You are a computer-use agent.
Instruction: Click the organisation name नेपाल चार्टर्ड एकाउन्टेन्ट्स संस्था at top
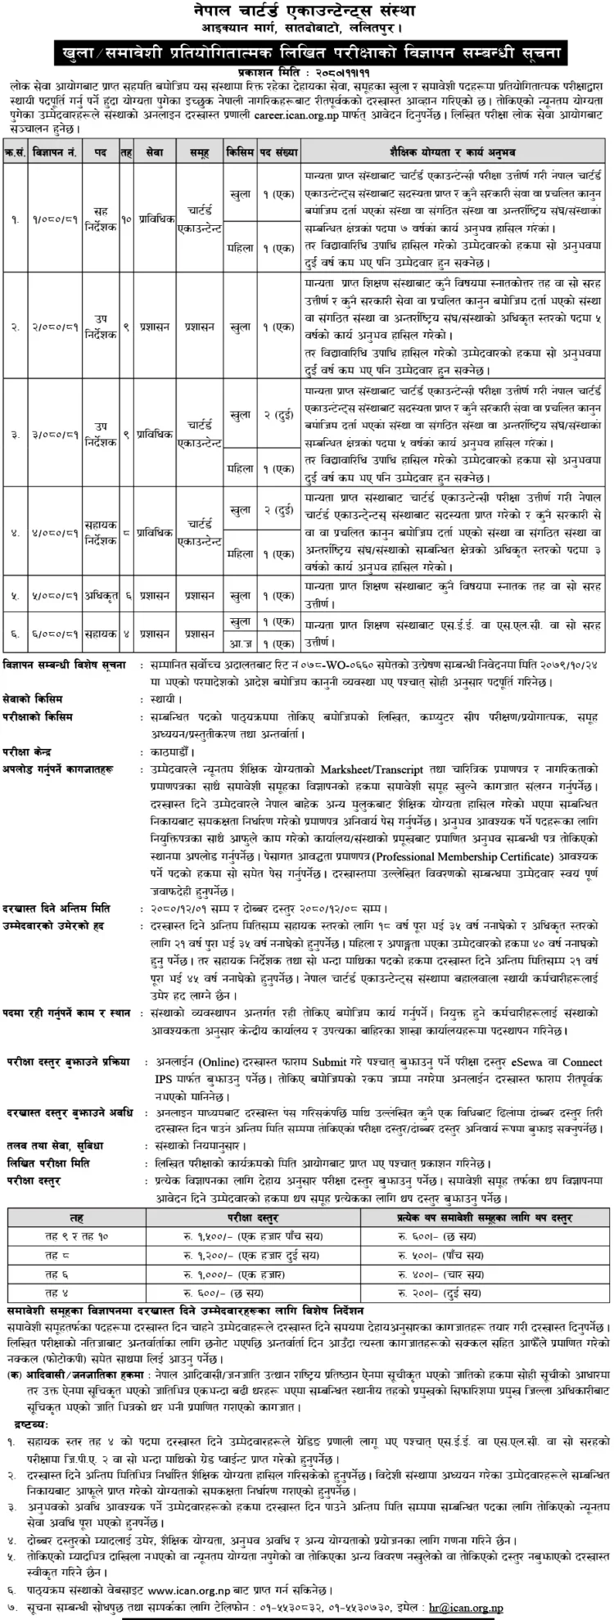pyautogui.click(x=306, y=12)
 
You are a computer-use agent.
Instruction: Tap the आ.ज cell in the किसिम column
pyautogui.click(x=242, y=635)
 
